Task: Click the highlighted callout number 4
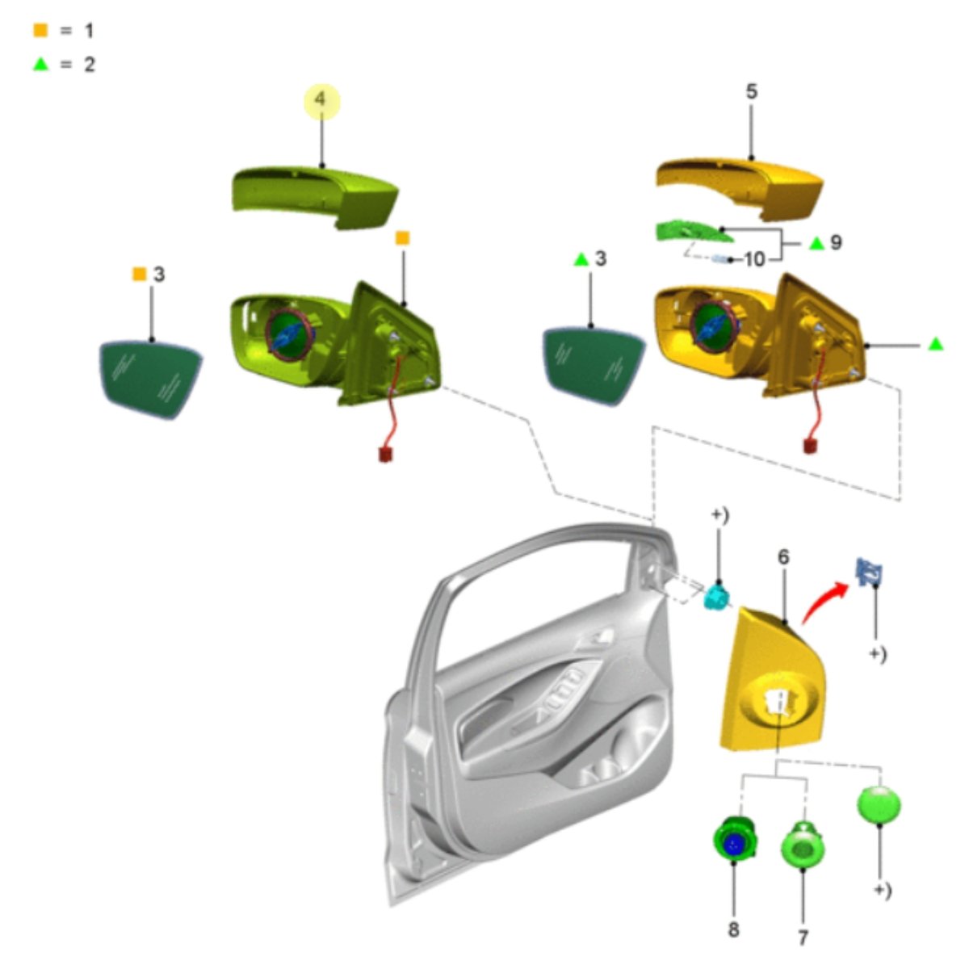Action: pos(321,99)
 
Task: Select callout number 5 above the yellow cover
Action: pos(751,91)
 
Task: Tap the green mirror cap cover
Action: pos(315,197)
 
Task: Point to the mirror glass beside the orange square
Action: pos(149,380)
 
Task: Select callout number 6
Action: pos(783,557)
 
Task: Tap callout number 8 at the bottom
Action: pos(734,929)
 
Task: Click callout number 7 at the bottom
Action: pos(803,938)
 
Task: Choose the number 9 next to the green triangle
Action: pos(836,242)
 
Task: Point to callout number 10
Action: pos(753,260)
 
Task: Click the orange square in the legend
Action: pos(40,30)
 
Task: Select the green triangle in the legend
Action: pos(40,65)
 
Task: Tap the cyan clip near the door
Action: pos(718,598)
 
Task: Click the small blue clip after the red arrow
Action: pos(869,573)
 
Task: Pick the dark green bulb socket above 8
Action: pos(736,839)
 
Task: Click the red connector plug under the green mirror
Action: pos(386,455)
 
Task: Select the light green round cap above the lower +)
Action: pos(879,804)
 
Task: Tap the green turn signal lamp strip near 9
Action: pos(693,232)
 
